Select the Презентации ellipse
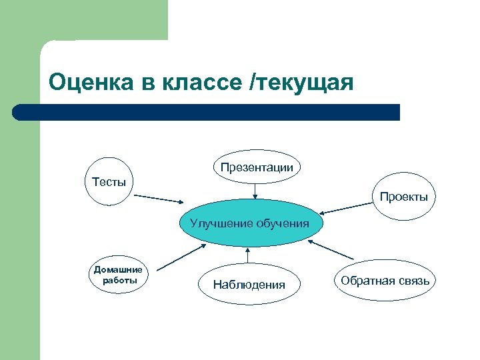tap(257, 167)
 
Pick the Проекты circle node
tap(404, 197)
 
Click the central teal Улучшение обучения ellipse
tap(249, 223)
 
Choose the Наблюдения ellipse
tap(249, 285)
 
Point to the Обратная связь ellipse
tap(385, 281)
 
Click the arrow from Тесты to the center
tap(159, 199)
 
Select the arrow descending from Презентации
tap(255, 191)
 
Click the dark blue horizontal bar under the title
tap(207, 112)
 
